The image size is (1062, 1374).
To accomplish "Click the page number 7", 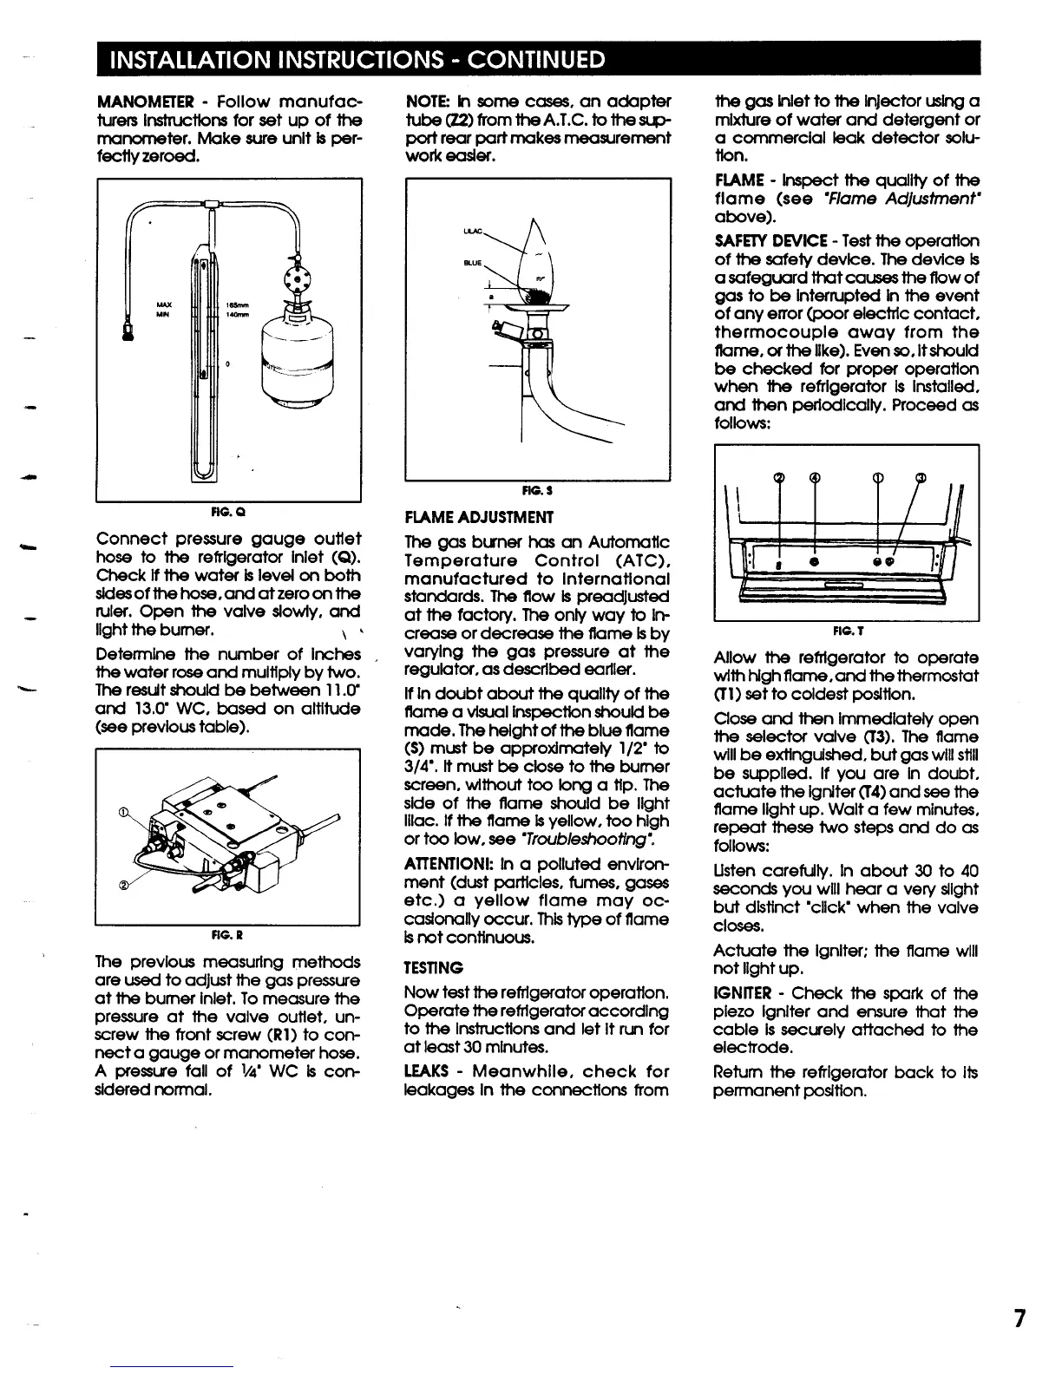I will (1019, 1319).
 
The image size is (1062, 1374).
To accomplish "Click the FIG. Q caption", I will (227, 511).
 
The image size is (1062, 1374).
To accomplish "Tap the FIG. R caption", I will (227, 936).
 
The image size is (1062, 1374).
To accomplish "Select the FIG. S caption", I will (537, 491).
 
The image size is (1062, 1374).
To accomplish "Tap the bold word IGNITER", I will (739, 993).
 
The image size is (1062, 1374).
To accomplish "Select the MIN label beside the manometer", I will (161, 316).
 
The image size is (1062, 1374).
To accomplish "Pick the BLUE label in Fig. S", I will (473, 258).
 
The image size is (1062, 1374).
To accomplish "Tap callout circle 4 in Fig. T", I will (813, 475).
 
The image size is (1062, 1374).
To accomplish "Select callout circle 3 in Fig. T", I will (920, 475).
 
